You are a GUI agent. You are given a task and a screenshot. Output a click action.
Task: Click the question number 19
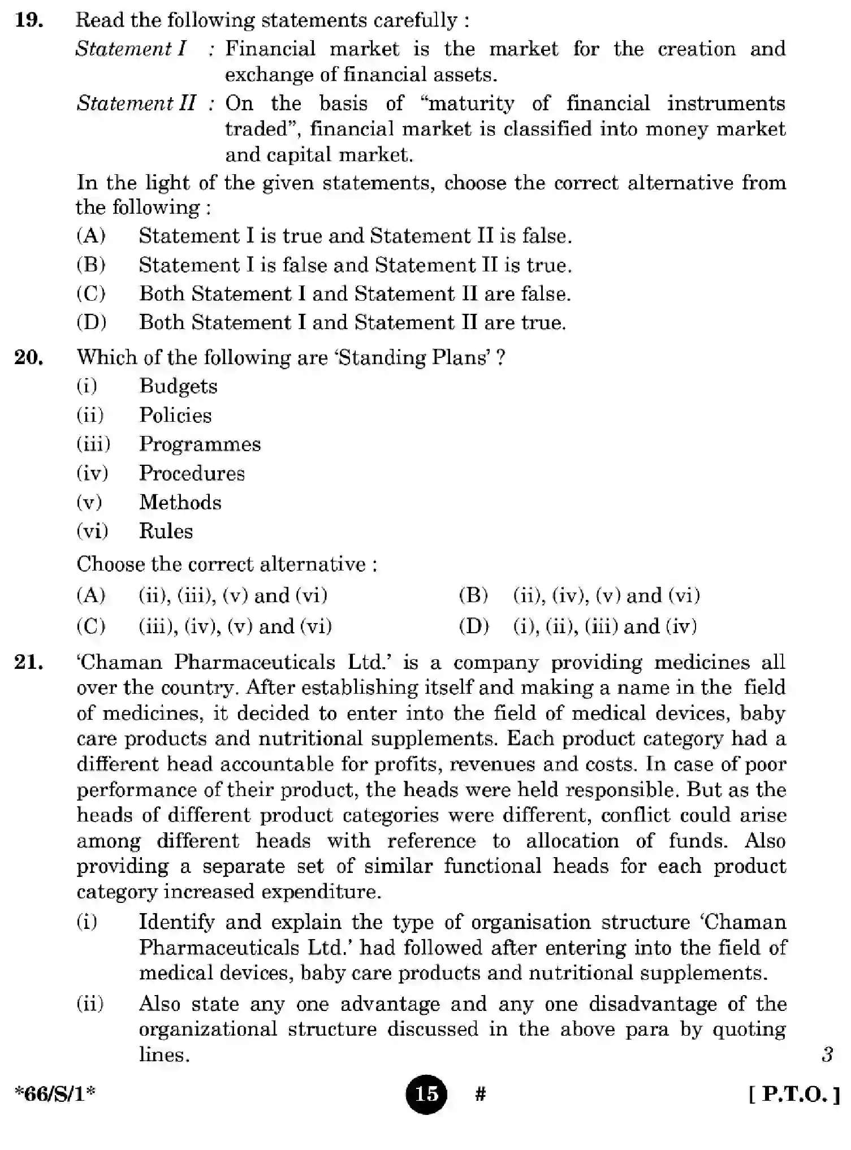[29, 20]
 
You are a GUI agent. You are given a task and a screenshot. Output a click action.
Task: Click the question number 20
[29, 357]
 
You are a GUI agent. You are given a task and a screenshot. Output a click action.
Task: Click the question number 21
[29, 662]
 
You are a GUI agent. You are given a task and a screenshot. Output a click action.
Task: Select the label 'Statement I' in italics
[131, 49]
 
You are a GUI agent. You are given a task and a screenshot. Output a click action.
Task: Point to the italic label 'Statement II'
[136, 103]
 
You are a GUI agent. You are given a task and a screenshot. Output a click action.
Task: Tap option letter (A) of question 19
[91, 236]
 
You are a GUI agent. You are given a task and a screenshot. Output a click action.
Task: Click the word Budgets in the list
[178, 386]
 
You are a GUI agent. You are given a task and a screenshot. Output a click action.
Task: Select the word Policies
[175, 416]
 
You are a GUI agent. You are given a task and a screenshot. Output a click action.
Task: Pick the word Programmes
[200, 444]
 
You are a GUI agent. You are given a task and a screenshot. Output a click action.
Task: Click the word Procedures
[192, 473]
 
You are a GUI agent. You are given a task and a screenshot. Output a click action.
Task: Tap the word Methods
[180, 502]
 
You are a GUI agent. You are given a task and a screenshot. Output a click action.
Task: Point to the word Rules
[166, 531]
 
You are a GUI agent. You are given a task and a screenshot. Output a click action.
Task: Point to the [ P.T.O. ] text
[794, 1095]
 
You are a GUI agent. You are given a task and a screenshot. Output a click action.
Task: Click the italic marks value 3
[827, 1054]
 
